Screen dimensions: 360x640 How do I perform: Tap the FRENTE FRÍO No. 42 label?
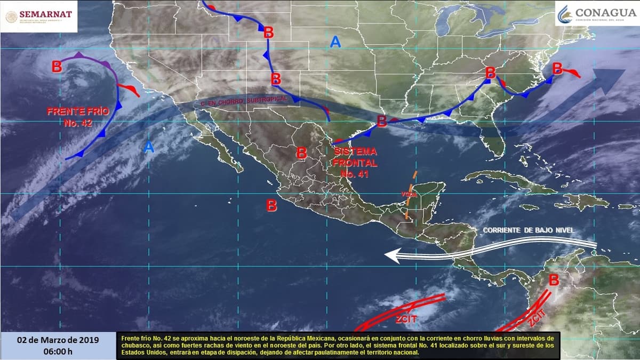coord(78,117)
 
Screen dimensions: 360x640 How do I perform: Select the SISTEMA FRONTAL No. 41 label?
coord(355,163)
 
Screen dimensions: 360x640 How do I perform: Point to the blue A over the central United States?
coord(335,42)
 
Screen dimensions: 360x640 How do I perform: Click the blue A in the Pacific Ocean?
coord(149,148)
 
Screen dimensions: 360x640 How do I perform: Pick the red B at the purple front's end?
coord(57,67)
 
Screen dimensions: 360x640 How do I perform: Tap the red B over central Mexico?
coord(301,153)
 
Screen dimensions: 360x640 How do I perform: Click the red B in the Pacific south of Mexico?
coord(271,205)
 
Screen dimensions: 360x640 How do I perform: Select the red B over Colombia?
coord(554,279)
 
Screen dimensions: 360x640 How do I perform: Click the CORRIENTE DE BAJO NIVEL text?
coord(529,230)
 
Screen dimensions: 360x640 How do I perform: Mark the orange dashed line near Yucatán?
coord(411,195)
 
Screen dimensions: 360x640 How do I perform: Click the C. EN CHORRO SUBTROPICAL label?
coord(244,100)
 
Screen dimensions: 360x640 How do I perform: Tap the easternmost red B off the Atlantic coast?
coord(557,68)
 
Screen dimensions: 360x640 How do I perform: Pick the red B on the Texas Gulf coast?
coord(381,121)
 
